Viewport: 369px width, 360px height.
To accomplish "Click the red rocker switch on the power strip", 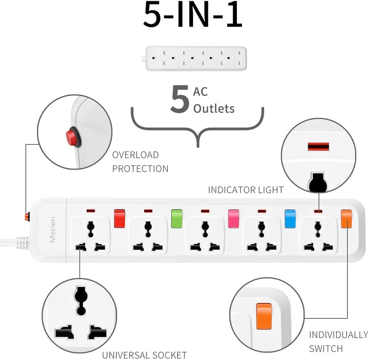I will (120, 219).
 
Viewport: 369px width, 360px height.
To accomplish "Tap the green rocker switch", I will (176, 219).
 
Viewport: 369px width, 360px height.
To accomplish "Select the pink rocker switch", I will (233, 219).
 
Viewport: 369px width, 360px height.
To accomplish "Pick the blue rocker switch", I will (290, 219).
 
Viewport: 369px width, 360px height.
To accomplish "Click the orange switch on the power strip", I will (346, 219).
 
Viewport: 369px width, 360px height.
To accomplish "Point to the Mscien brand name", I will (53, 230).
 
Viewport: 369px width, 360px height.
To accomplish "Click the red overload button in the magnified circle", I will (72, 137).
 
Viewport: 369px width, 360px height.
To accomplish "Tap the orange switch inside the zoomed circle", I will (264, 316).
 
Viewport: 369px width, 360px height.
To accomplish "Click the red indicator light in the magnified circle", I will (318, 147).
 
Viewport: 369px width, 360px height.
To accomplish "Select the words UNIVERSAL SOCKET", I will (144, 355).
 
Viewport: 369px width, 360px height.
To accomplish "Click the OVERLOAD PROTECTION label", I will (140, 162).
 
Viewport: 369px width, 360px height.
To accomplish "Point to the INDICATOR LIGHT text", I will (246, 190).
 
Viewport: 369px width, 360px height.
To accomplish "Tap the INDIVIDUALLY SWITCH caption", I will (338, 342).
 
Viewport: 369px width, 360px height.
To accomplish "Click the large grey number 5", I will (180, 100).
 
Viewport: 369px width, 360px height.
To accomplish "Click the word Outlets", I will (214, 109).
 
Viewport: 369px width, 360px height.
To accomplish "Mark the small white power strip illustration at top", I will (196, 59).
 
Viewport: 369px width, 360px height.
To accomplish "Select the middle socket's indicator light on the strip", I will (205, 211).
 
